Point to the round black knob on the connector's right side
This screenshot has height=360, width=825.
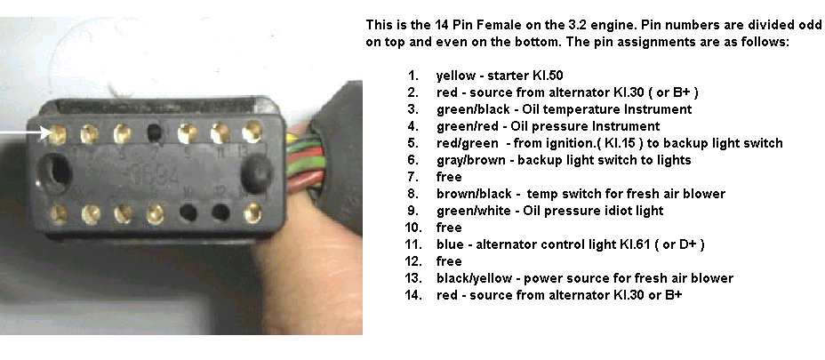coord(258,171)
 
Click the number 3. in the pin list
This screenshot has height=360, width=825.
coord(412,109)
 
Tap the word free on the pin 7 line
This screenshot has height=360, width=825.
coord(449,177)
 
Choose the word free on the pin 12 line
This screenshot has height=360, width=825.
coord(449,261)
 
